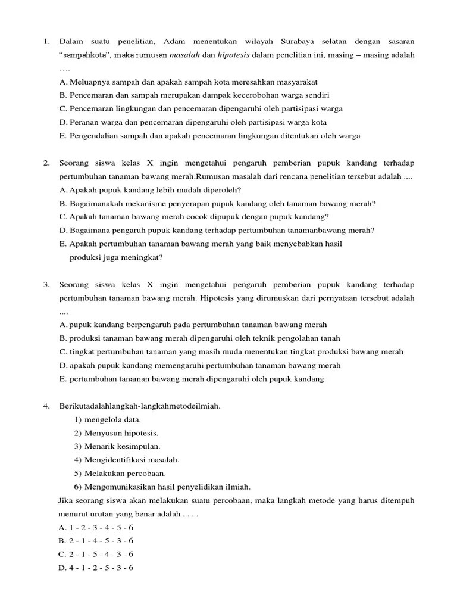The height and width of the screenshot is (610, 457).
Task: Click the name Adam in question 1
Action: pyautogui.click(x=173, y=41)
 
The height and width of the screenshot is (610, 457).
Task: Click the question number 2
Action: pyautogui.click(x=46, y=163)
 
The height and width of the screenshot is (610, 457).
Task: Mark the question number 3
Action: pyautogui.click(x=46, y=284)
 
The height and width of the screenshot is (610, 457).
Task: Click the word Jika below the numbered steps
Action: pyautogui.click(x=66, y=500)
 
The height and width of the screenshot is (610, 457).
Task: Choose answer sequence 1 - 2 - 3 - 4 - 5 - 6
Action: pyautogui.click(x=96, y=527)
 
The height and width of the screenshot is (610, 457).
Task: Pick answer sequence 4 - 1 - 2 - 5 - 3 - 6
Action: pyautogui.click(x=96, y=568)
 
